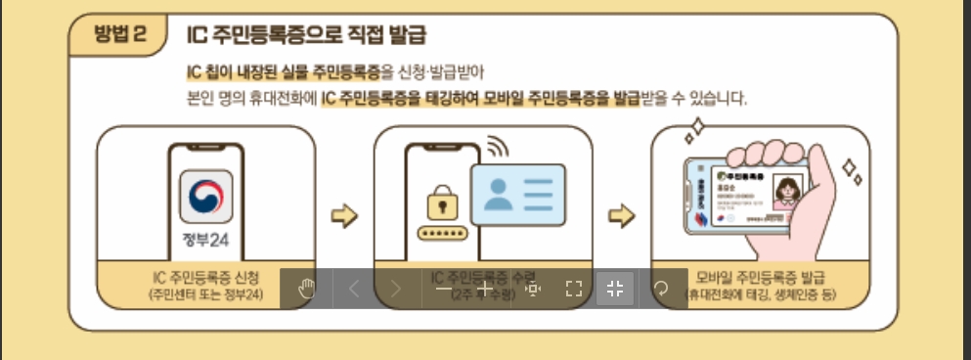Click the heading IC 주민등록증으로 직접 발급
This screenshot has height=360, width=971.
(306, 36)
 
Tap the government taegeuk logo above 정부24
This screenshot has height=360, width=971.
(205, 197)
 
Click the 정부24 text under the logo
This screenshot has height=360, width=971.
(205, 241)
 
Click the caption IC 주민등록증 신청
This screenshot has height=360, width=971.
(205, 277)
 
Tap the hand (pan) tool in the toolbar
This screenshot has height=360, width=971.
(307, 289)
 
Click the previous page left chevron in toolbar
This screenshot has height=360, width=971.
(354, 289)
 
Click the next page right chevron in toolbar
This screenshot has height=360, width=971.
(396, 289)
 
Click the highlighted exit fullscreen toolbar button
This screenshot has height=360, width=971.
(615, 289)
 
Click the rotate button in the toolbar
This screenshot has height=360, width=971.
(660, 289)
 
